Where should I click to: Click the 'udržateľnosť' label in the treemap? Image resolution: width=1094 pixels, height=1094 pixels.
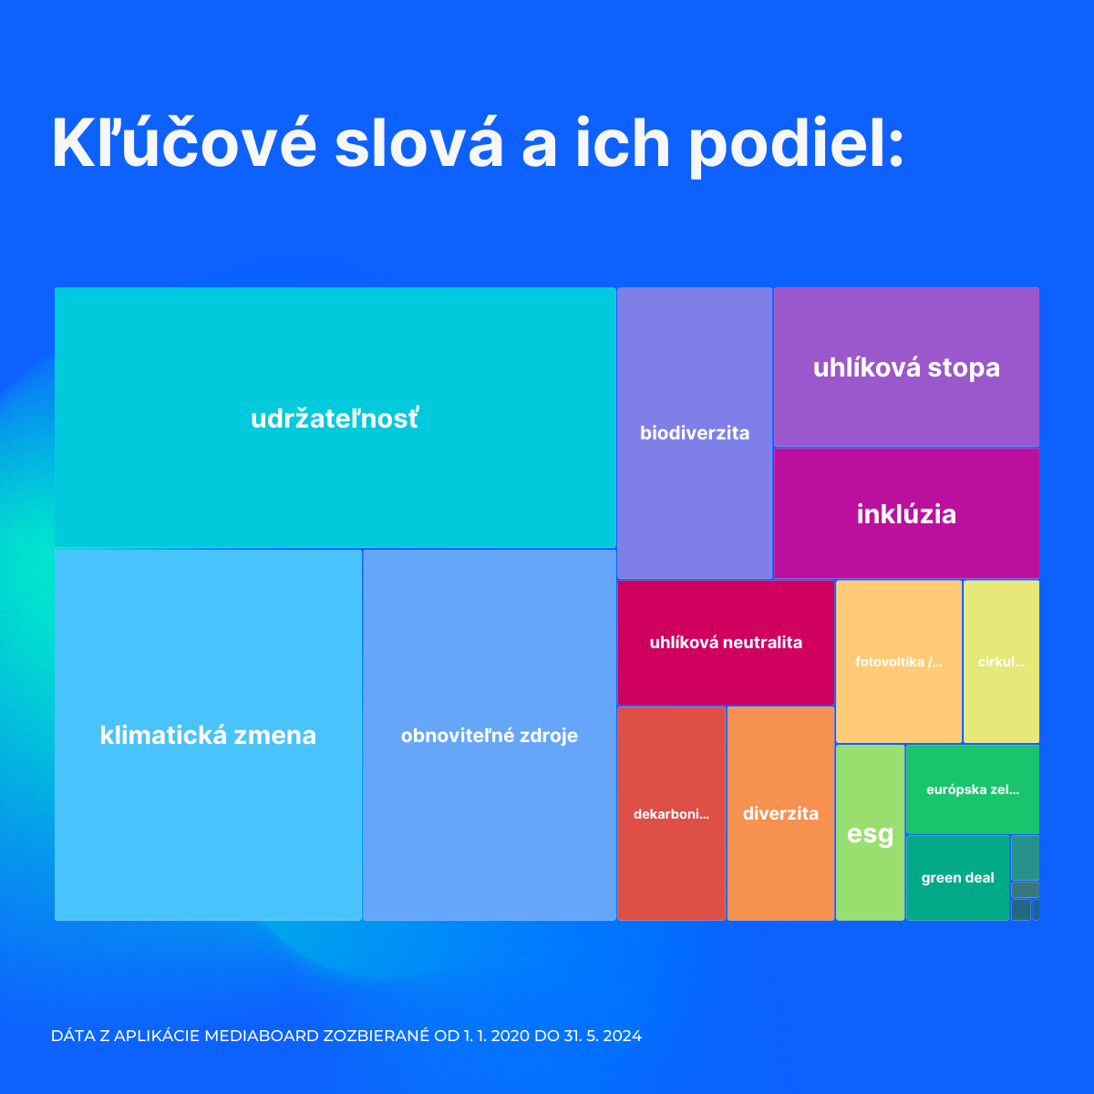pos(335,418)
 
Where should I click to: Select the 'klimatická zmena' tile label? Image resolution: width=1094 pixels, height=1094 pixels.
pos(208,735)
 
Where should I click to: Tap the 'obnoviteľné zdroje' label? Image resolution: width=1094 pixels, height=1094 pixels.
pos(490,736)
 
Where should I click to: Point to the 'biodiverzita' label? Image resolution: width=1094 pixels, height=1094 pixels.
pos(695,433)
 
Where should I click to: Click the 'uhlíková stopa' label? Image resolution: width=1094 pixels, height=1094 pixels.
pos(906,367)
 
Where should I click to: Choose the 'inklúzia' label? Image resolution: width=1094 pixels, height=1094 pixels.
pos(906,514)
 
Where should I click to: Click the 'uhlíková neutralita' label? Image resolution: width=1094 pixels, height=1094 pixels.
pos(726,643)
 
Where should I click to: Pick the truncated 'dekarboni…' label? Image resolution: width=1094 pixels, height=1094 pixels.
pos(671,814)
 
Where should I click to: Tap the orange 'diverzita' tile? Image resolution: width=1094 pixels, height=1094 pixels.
pos(780,813)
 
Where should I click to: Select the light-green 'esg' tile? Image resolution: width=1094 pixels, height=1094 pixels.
pos(870,833)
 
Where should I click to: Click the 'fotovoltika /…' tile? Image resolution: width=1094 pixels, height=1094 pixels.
pos(899,662)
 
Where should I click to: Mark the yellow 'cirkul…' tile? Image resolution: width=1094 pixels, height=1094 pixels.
pos(1001,662)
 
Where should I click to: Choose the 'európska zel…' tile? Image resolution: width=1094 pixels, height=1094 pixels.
pos(973,790)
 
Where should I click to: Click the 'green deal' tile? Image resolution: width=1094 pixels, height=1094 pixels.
pos(957,878)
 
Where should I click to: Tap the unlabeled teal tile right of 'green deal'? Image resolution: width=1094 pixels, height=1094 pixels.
pos(1025,857)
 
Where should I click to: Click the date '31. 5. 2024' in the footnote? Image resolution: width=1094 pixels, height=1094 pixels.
pos(603,1036)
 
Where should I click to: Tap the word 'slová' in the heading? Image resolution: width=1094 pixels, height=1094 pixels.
pos(418,143)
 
